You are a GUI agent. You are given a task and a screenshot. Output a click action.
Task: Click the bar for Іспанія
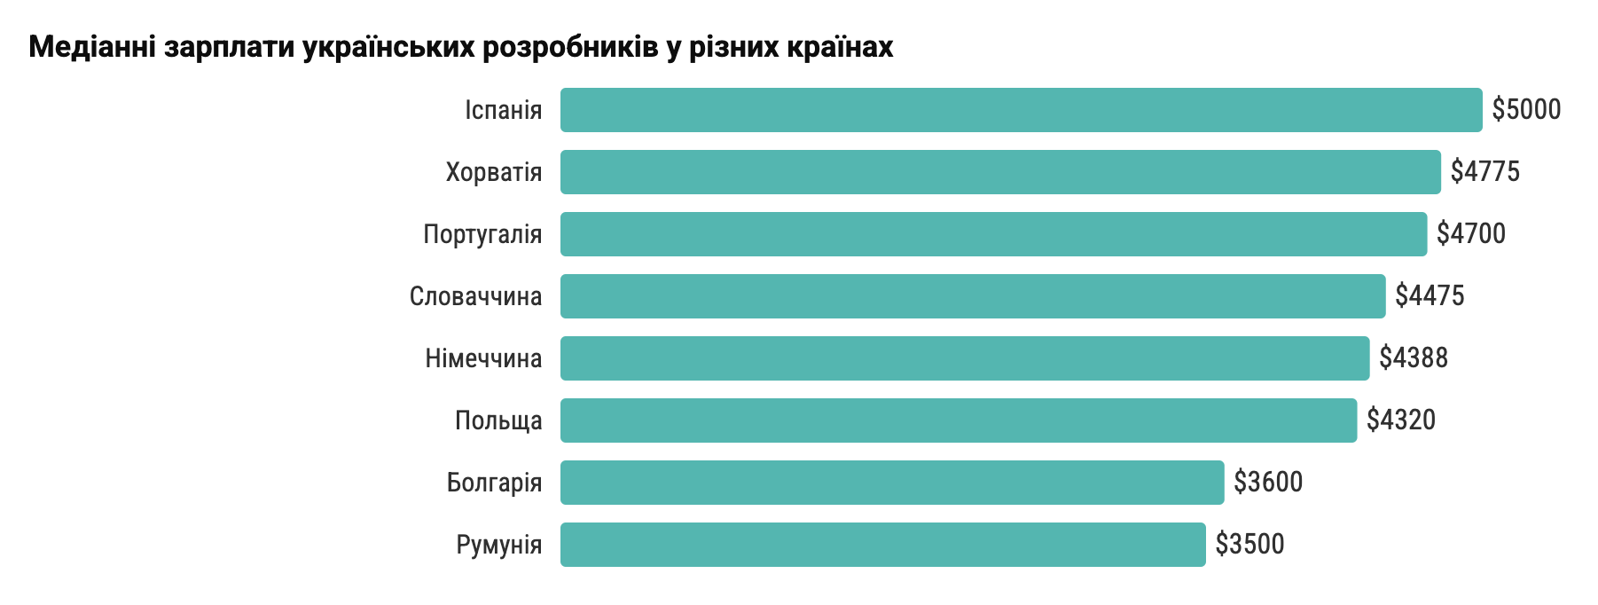pos(1020,110)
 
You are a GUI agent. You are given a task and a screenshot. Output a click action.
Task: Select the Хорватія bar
pos(999,172)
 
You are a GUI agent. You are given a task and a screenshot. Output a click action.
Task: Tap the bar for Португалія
pos(993,234)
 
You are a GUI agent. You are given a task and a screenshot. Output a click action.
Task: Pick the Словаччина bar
pos(972,296)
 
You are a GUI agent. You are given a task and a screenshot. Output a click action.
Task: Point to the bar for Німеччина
pos(964,358)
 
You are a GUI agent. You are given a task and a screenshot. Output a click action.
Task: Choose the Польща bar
pos(958,420)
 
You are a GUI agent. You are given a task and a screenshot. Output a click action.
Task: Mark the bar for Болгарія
pos(891,483)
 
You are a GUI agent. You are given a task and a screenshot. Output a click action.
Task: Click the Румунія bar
pos(882,545)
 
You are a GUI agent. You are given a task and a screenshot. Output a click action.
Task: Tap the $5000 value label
pos(1525,110)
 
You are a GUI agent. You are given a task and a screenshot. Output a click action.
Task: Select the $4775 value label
pos(1484,172)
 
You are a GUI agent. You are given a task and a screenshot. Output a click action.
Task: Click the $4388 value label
pos(1413,358)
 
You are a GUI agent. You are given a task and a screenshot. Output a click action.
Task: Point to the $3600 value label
pos(1267,483)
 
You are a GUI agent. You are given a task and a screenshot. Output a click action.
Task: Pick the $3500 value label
pos(1249,545)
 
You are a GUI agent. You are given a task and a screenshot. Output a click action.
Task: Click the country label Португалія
pos(482,234)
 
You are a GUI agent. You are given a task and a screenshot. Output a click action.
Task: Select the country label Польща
pos(497,420)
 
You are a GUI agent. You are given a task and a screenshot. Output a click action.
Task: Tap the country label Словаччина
pos(474,296)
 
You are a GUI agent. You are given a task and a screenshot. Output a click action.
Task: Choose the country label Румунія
pos(498,545)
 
